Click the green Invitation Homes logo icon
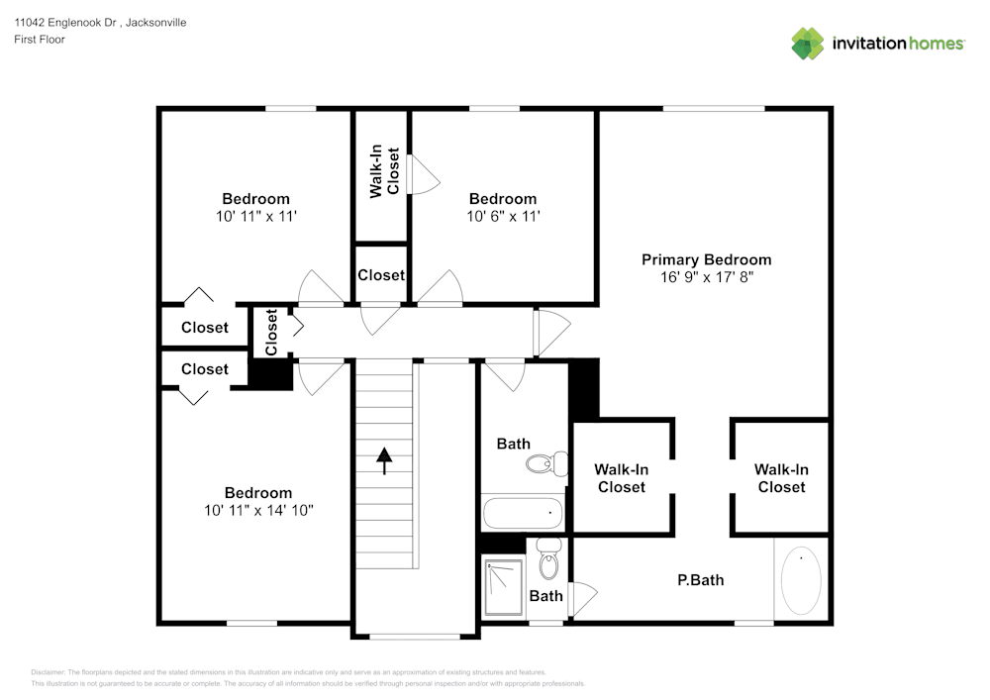pos(808,43)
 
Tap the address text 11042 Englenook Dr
pos(66,22)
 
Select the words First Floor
pos(40,40)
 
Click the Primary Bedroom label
pos(706,259)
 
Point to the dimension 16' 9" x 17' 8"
pos(706,277)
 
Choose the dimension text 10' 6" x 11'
pos(503,216)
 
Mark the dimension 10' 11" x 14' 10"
pos(257,510)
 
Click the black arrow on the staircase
pos(383,460)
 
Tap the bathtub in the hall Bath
pos(523,514)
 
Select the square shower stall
pos(504,587)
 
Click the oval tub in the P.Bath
pos(801,581)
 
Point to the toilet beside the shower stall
pos(548,562)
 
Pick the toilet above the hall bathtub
pos(547,462)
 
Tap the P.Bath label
pos(700,580)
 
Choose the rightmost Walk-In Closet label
pos(781,478)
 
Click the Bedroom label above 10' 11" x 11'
pos(255,199)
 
